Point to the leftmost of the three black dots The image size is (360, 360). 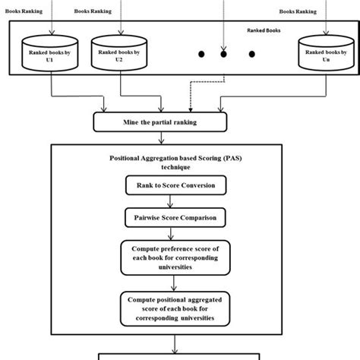[x=201, y=54]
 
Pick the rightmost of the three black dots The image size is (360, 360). [x=251, y=54]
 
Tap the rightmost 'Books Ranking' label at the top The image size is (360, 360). [x=298, y=11]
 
